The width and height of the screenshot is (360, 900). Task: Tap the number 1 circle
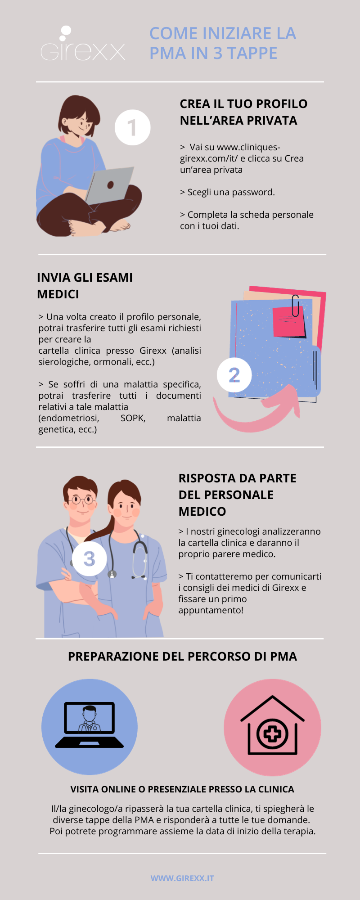click(132, 127)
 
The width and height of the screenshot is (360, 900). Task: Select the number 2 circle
click(234, 375)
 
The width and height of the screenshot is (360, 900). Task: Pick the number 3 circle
click(89, 558)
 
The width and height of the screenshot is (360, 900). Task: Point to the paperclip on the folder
click(296, 306)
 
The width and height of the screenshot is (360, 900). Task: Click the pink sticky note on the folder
click(288, 322)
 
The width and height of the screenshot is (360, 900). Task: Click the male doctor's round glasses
click(82, 499)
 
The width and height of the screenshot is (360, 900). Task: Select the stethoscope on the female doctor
click(140, 558)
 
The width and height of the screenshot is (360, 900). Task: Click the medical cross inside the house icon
click(272, 734)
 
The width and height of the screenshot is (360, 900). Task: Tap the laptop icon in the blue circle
click(89, 725)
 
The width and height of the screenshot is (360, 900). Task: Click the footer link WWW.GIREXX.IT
click(182, 878)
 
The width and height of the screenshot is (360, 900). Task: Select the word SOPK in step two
click(133, 418)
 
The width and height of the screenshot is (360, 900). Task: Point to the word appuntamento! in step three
click(211, 610)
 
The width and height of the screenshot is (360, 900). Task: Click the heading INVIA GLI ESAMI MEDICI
click(85, 286)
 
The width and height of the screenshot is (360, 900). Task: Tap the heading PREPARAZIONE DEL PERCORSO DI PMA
click(182, 657)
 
